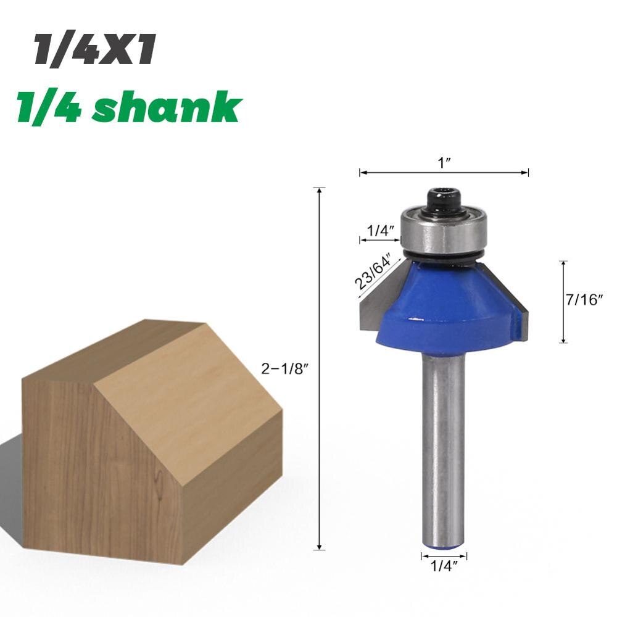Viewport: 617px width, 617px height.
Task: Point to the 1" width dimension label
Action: (x=445, y=162)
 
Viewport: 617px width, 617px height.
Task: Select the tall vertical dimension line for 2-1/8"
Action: (x=320, y=370)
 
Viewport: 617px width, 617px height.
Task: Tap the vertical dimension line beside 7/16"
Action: (x=563, y=302)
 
